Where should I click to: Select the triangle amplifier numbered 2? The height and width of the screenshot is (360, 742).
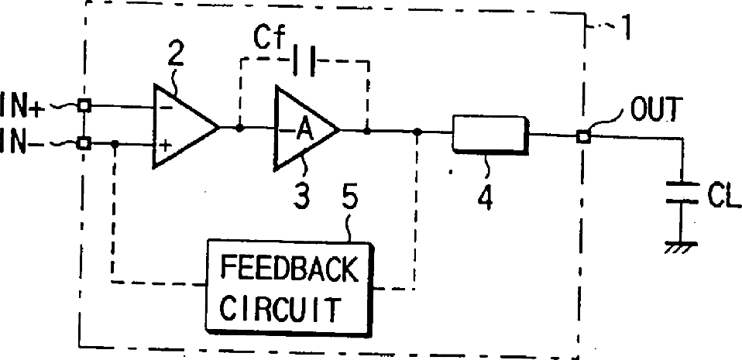[183, 126]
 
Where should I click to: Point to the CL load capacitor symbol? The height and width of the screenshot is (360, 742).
[682, 194]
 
